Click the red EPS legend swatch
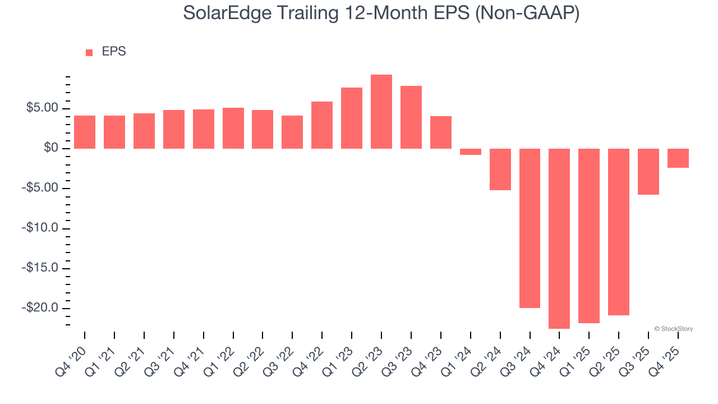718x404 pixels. pos(89,52)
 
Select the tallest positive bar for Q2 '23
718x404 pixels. pos(381,112)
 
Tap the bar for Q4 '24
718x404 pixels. pos(559,238)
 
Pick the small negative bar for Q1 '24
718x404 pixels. pos(471,151)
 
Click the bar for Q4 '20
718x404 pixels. pos(85,132)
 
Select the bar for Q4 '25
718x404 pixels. pos(678,158)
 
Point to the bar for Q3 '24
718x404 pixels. pos(530,228)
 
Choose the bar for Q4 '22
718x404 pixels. pos(322,125)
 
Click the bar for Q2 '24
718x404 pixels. pos(500,169)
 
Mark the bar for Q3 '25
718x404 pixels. pos(648,172)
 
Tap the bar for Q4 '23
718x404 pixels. pos(441,132)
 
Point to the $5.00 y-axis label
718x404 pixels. pos(43,108)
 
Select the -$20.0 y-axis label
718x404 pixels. pos(40,308)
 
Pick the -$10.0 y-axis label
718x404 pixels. pos(40,228)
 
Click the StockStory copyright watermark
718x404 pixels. pos(673,329)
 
